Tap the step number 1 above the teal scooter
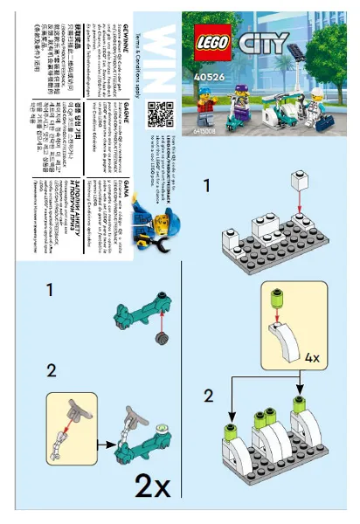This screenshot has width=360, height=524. point(51,289)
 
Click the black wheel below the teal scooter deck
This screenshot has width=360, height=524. point(161,338)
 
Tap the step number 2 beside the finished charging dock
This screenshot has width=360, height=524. point(208,396)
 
